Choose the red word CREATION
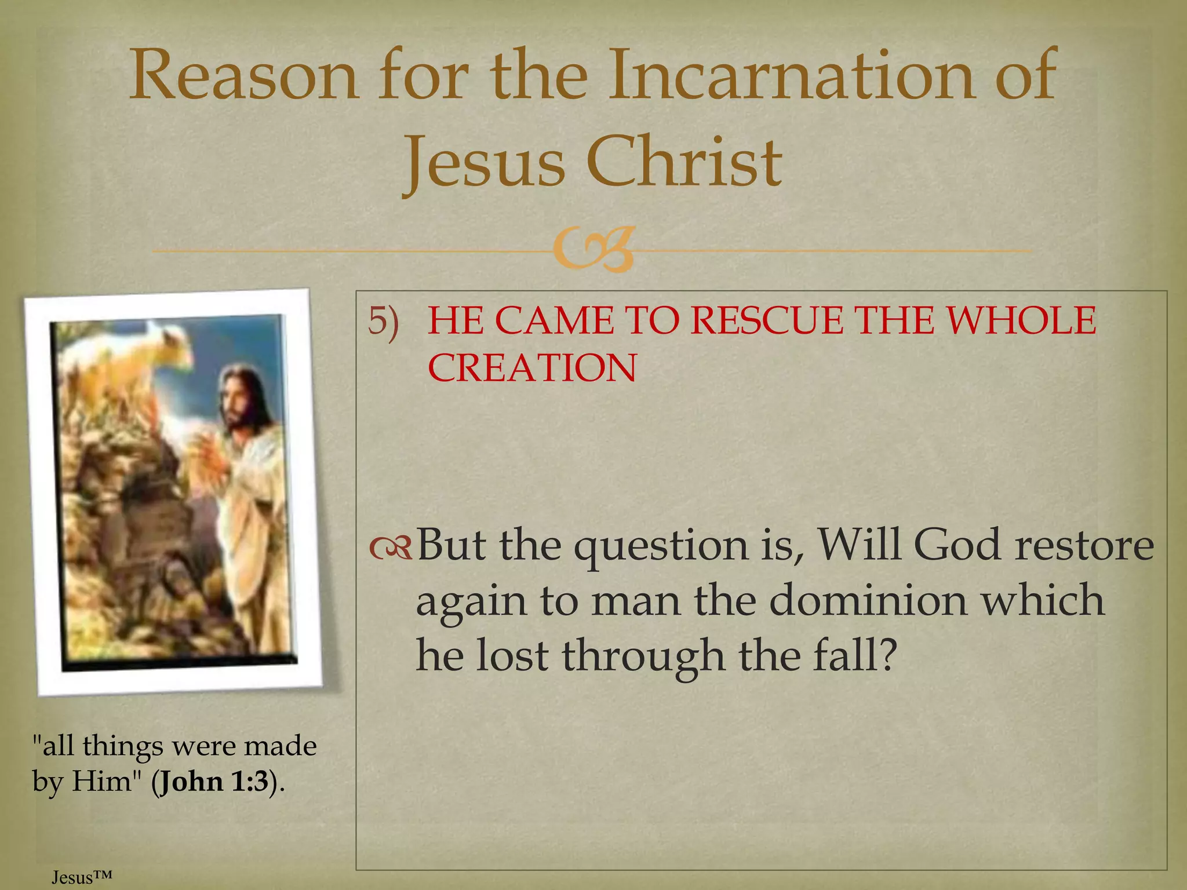click(532, 368)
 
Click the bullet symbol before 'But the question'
click(390, 548)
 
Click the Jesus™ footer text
click(81, 877)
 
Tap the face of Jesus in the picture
click(238, 400)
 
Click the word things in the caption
click(122, 746)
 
